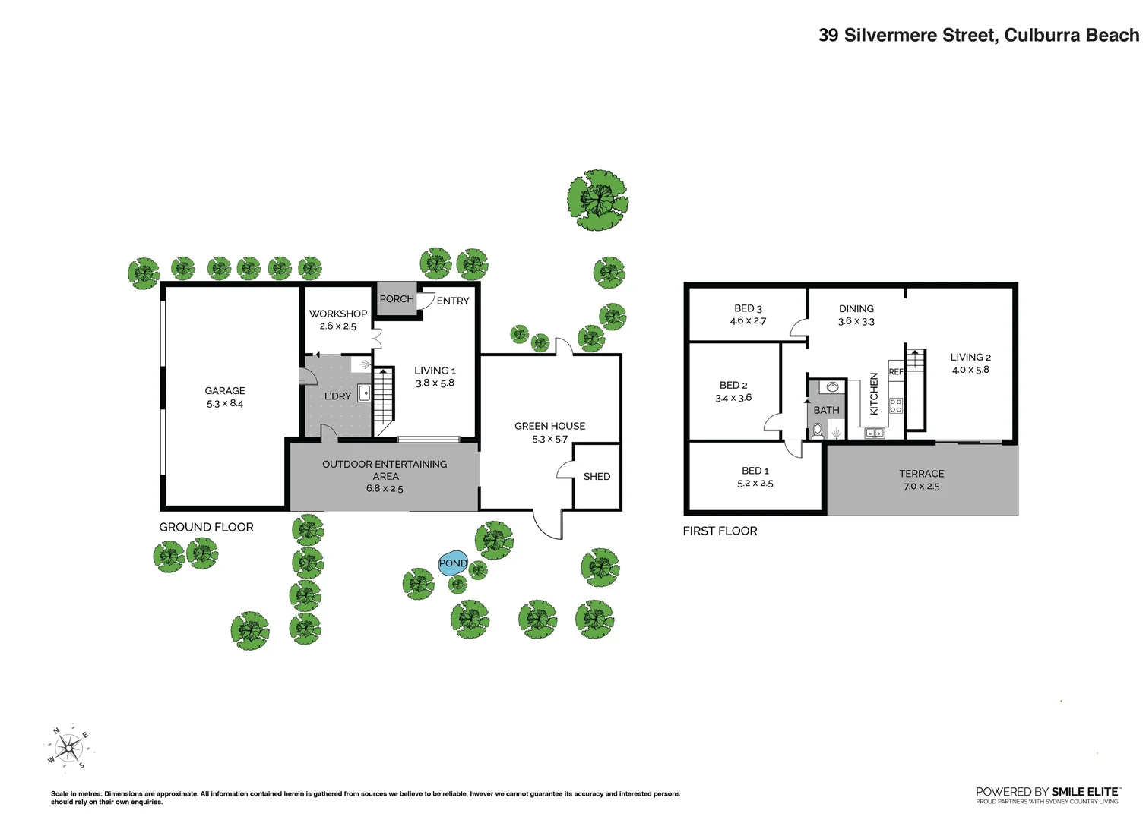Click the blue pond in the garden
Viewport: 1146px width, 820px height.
(453, 563)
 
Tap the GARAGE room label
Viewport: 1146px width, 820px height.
(225, 391)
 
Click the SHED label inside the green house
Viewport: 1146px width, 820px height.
(597, 477)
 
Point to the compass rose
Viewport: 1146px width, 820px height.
(69, 749)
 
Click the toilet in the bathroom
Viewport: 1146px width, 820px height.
(818, 431)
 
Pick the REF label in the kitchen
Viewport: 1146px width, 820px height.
(896, 372)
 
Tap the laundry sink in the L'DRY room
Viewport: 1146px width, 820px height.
(364, 393)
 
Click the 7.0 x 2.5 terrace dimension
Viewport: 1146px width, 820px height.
(921, 487)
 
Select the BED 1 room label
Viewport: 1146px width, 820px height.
(755, 471)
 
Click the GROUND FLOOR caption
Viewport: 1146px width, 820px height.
(206, 527)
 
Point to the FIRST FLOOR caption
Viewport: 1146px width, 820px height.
(720, 531)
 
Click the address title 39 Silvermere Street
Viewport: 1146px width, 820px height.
(978, 36)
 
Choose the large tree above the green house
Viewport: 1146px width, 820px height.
(597, 200)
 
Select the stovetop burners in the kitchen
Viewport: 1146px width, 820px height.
(896, 405)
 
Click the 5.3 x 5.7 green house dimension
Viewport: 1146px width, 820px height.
(549, 440)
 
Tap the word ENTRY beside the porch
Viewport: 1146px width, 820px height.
(453, 301)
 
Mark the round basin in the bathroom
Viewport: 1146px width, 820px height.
(832, 387)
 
